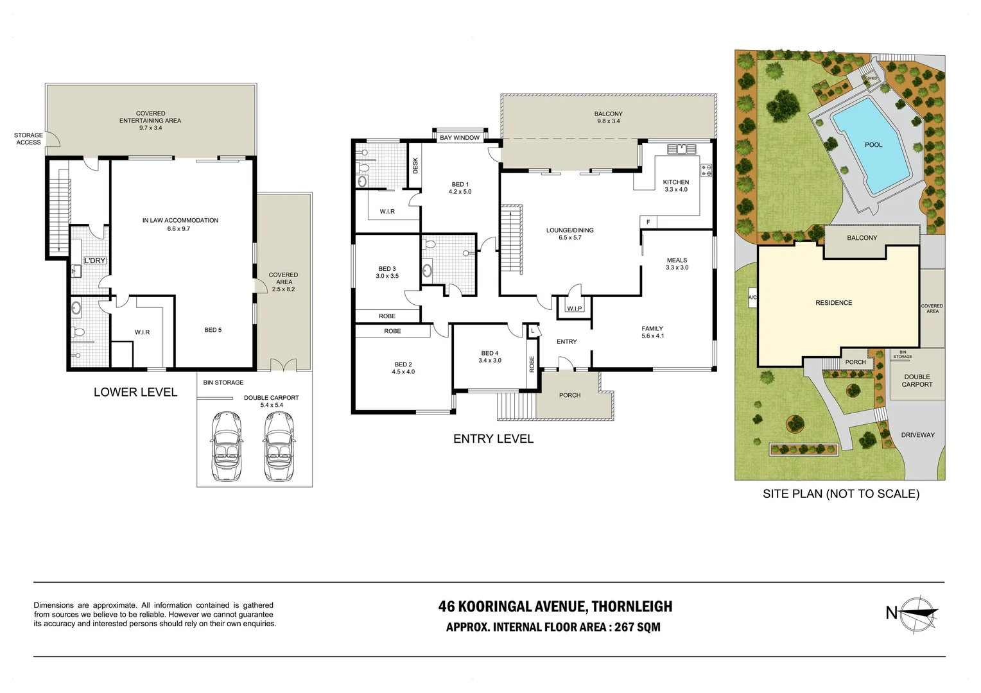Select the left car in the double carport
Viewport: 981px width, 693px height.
point(227,446)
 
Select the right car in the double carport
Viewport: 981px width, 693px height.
point(279,446)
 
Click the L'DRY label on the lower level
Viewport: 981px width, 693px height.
point(94,261)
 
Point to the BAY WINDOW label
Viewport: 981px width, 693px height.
point(460,138)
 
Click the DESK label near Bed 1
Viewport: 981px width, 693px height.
point(415,166)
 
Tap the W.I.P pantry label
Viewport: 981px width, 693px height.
point(574,309)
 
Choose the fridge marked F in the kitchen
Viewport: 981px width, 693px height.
point(648,222)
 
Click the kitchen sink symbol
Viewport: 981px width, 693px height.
point(681,150)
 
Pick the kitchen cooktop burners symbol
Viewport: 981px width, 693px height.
point(706,170)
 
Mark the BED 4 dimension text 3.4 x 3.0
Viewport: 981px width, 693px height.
point(490,361)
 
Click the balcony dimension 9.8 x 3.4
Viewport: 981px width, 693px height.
point(608,121)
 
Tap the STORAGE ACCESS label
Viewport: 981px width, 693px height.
point(28,139)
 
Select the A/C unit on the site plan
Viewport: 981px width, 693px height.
point(752,298)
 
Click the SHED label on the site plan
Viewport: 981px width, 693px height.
point(872,78)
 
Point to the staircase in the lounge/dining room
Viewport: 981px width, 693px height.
point(512,239)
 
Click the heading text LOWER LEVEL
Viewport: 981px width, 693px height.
point(135,392)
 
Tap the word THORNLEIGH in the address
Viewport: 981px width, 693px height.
point(632,606)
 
